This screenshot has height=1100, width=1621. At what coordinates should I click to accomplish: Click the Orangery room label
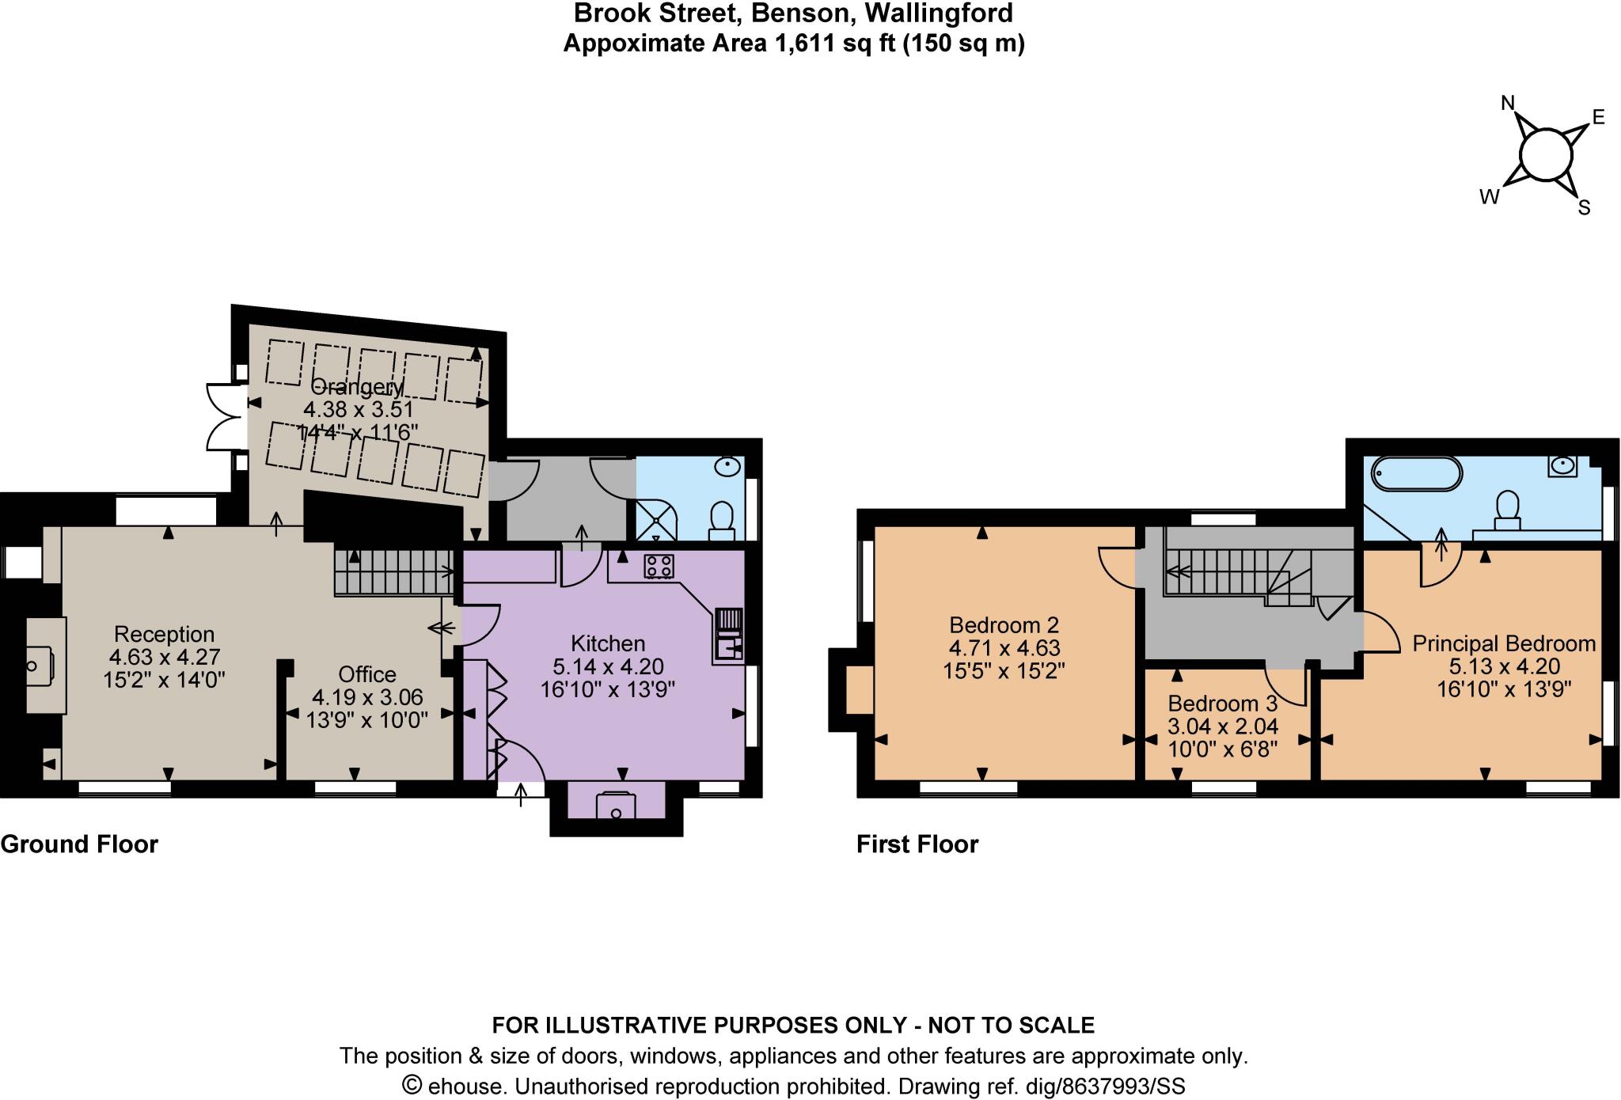pyautogui.click(x=357, y=387)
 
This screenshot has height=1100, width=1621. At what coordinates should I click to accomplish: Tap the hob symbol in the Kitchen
pyautogui.click(x=659, y=566)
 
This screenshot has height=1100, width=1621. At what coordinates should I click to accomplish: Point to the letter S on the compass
pyautogui.click(x=1584, y=208)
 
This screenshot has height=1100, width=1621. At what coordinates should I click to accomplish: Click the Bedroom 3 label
pyautogui.click(x=1223, y=704)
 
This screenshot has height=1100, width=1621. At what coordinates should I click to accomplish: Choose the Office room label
pyautogui.click(x=367, y=674)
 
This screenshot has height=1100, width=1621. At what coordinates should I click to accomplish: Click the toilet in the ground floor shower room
pyautogui.click(x=721, y=520)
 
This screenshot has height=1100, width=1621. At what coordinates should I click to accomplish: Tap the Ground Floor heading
pyautogui.click(x=79, y=844)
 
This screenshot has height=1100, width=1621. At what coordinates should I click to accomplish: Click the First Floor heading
pyautogui.click(x=917, y=844)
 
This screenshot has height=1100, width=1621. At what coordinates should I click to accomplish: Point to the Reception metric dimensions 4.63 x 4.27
pyautogui.click(x=165, y=657)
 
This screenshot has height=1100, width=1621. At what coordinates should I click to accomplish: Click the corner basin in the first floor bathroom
pyautogui.click(x=1562, y=466)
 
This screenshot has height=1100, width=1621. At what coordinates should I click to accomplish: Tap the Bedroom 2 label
pyautogui.click(x=1004, y=625)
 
